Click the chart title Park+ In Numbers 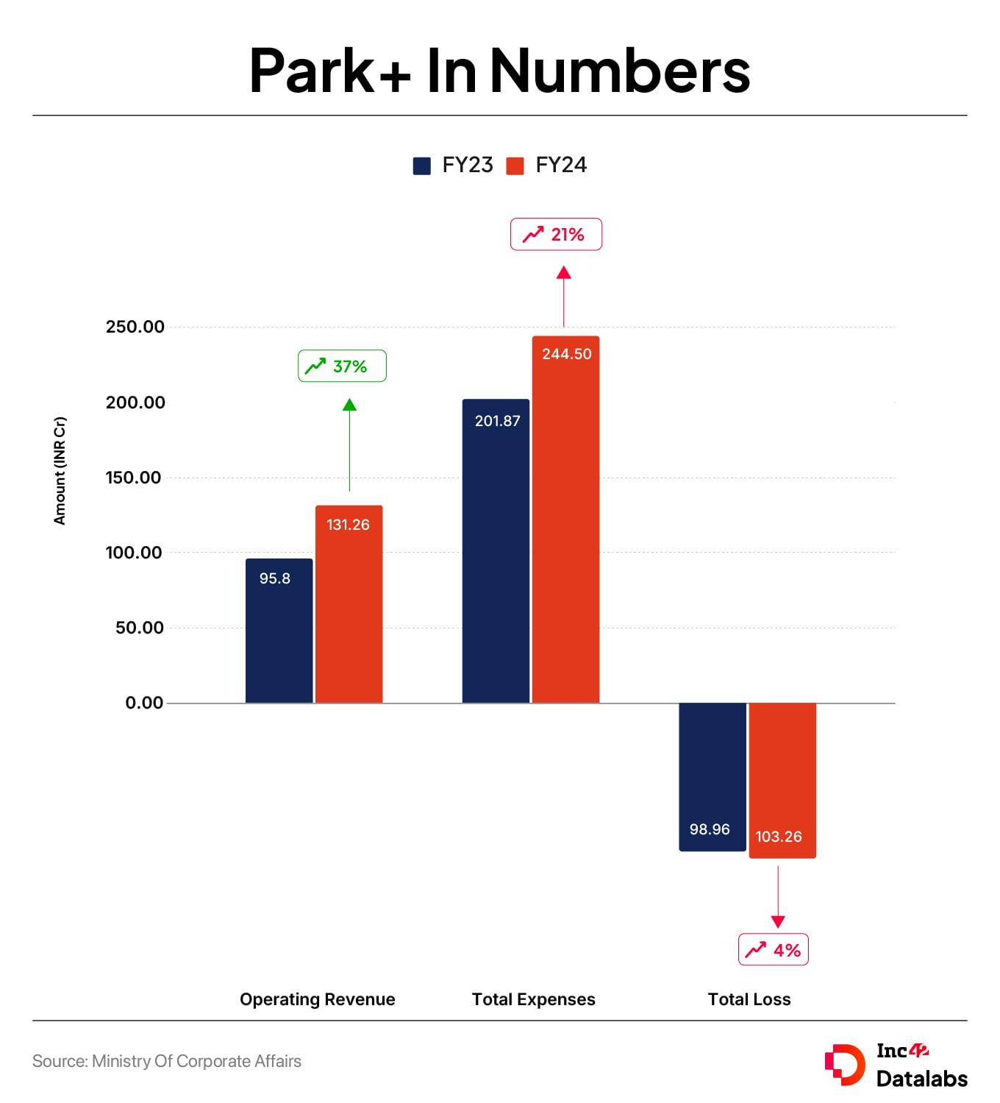point(499,71)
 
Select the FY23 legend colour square point(422,166)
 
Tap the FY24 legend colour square point(515,166)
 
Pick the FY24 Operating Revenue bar point(349,604)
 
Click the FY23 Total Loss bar point(712,776)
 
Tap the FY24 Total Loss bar point(782,780)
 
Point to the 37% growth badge point(342,366)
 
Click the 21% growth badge point(556,235)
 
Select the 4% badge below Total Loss point(774,950)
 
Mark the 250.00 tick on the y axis point(135,327)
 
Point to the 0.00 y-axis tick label point(144,703)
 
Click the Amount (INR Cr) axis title point(60,471)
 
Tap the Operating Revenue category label point(317,999)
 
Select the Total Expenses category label point(533,999)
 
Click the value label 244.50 point(566,354)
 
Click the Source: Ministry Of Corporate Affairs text point(167,1061)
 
